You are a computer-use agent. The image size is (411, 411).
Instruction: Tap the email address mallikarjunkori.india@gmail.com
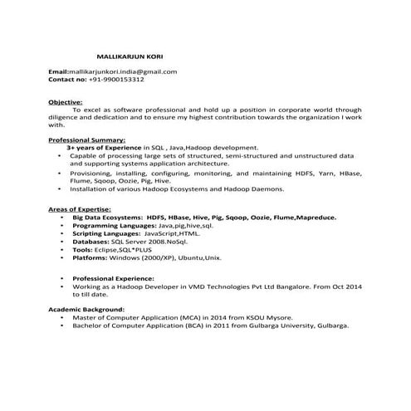124,71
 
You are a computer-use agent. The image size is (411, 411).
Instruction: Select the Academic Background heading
83,309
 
